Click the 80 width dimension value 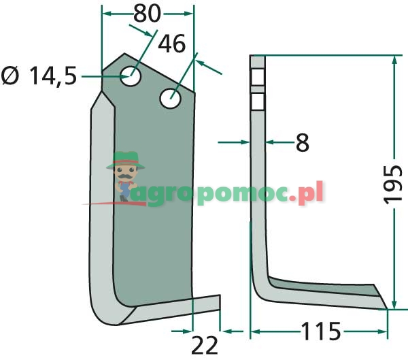click(148, 14)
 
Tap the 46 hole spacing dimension click(172, 44)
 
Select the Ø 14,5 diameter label click(39, 76)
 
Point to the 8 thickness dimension click(303, 142)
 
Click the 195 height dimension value click(392, 184)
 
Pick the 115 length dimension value click(321, 331)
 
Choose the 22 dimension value click(205, 346)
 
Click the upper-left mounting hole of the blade click(131, 76)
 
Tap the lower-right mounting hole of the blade click(171, 99)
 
